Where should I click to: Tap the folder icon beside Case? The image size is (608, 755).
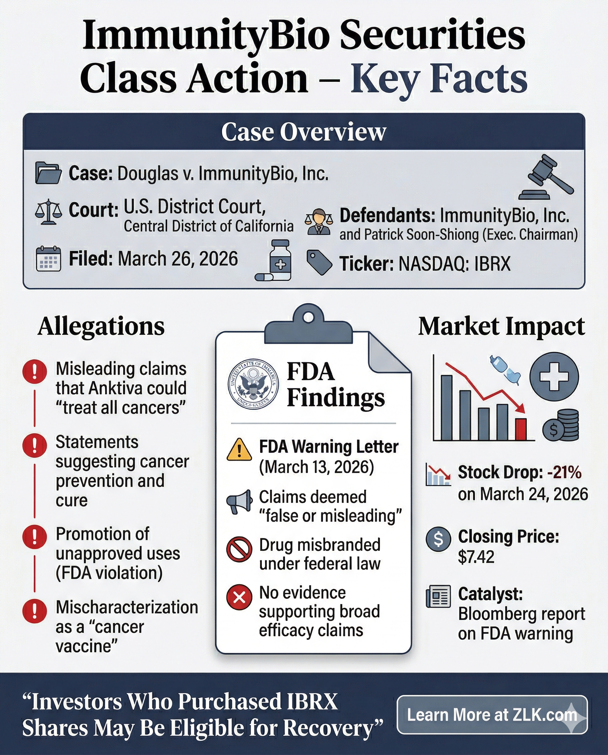pyautogui.click(x=48, y=173)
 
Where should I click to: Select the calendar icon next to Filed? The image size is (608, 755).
pyautogui.click(x=48, y=259)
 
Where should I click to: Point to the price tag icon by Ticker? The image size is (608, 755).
pyautogui.click(x=319, y=262)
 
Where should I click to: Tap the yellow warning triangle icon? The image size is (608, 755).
pyautogui.click(x=239, y=450)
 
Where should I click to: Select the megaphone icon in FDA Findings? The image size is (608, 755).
pyautogui.click(x=239, y=501)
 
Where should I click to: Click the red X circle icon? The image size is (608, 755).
pyautogui.click(x=239, y=597)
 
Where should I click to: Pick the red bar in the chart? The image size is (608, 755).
pyautogui.click(x=521, y=429)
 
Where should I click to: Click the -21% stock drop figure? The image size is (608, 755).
pyautogui.click(x=564, y=473)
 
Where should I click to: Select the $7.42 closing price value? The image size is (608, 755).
pyautogui.click(x=476, y=557)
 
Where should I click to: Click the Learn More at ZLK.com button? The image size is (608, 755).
pyautogui.click(x=492, y=715)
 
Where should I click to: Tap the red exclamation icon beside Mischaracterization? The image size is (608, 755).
pyautogui.click(x=34, y=611)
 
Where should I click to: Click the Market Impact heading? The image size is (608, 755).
pyautogui.click(x=502, y=326)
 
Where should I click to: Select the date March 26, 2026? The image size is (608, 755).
pyautogui.click(x=178, y=259)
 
